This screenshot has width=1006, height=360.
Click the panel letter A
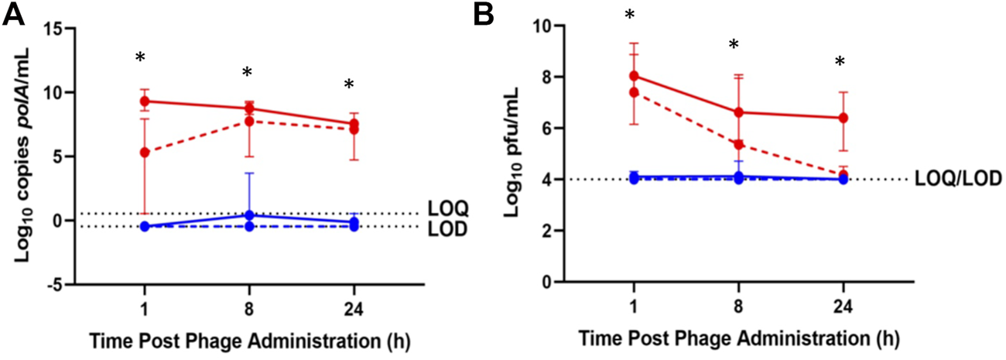point(15,15)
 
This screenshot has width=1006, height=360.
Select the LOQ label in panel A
point(444,209)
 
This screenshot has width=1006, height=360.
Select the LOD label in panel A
point(444,229)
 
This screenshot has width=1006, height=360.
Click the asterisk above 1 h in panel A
point(140,58)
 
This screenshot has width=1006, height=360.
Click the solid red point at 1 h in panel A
point(144,101)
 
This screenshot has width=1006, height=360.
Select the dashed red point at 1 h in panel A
point(144,152)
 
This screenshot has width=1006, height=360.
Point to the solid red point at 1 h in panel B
point(634,76)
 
